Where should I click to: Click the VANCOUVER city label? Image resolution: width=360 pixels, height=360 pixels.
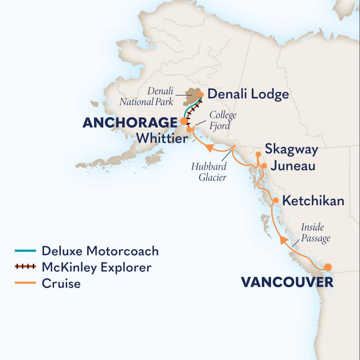coord(287,282)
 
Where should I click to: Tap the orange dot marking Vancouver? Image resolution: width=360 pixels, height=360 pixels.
coord(328,267)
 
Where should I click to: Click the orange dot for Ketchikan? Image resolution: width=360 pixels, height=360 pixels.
coord(276,200)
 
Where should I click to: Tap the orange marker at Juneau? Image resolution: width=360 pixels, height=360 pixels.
coord(264,165)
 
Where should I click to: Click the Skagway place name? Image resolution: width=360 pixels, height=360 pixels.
coord(291,149)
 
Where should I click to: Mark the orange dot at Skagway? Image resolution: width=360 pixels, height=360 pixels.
coord(258,154)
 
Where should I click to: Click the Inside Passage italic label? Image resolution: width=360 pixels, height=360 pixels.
coord(315,233)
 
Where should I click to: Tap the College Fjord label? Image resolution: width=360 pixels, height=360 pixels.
coord(221,120)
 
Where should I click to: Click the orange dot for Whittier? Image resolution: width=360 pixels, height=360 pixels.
coord(189,130)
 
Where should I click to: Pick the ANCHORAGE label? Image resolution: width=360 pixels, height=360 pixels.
coord(130,123)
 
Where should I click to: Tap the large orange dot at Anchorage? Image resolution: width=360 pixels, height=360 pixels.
coord(184,121)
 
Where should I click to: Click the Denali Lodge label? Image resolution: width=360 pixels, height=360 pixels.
coord(248,94)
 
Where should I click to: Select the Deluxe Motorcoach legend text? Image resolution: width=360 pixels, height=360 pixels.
coord(100,251)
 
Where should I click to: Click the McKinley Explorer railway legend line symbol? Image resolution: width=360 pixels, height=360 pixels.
coord(25,267)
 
